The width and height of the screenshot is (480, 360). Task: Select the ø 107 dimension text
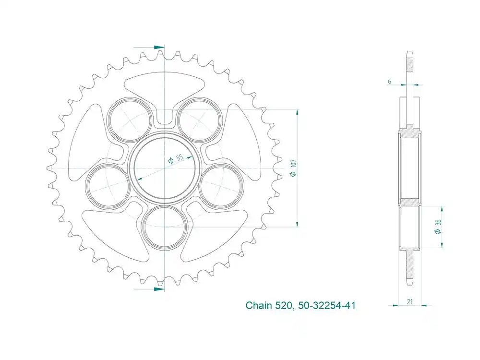pyautogui.click(x=292, y=168)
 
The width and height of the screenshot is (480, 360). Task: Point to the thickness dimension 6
pyautogui.click(x=389, y=82)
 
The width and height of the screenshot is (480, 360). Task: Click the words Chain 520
pyautogui.click(x=268, y=305)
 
